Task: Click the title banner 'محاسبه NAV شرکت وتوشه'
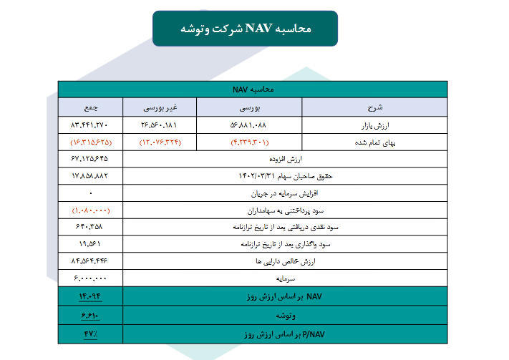(245, 29)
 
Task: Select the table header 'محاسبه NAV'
(254, 89)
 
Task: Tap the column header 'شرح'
(376, 107)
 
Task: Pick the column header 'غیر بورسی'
(160, 107)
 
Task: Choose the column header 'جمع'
(91, 107)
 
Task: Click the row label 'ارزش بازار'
(376, 125)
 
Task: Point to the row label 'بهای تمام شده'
(376, 142)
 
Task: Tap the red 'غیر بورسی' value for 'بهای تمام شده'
(160, 142)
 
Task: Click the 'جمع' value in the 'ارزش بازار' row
(91, 125)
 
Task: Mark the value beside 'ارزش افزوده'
(91, 158)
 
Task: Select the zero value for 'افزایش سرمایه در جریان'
(91, 193)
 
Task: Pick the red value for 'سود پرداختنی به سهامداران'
(91, 210)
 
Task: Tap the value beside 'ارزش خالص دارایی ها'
(91, 261)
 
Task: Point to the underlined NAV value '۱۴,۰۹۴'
(91, 296)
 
